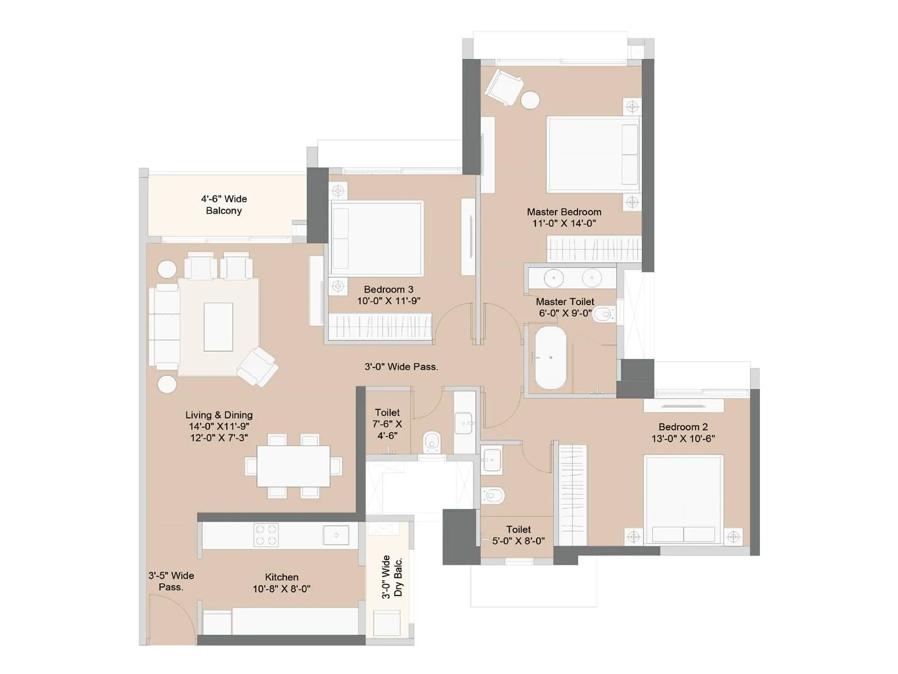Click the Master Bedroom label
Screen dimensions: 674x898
(563, 212)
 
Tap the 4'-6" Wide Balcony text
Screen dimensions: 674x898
(223, 204)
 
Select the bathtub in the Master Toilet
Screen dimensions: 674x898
(550, 358)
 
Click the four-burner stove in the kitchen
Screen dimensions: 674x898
(265, 535)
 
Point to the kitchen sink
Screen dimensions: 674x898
(336, 535)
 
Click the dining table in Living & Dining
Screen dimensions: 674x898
(293, 466)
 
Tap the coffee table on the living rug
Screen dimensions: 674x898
(218, 327)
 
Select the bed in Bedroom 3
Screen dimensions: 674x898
(377, 238)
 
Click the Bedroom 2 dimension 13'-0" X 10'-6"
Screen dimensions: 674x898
(683, 439)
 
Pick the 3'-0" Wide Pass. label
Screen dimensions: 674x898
(401, 367)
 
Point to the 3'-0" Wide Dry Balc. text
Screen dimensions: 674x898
(392, 577)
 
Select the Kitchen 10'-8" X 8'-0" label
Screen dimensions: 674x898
(281, 583)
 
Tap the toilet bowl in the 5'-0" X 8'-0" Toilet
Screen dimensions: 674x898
(494, 495)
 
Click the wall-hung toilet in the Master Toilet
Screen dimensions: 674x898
(603, 315)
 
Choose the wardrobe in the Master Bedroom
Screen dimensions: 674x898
(593, 248)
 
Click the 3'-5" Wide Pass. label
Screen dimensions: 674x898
(171, 581)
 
